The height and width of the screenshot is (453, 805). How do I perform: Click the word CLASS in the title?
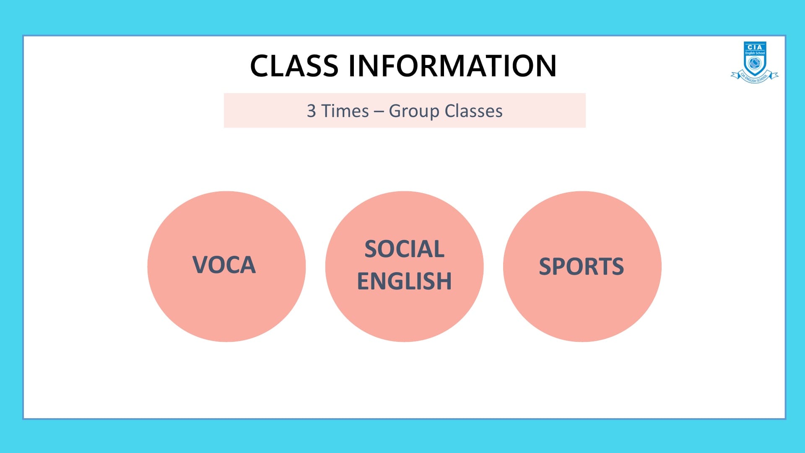294,66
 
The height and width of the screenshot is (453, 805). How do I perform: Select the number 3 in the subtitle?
311,111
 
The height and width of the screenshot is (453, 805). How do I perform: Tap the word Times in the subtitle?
345,111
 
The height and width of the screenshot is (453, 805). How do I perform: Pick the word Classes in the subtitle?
473,111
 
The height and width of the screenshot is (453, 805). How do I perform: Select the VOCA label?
224,265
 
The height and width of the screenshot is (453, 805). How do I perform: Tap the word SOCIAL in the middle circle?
405,249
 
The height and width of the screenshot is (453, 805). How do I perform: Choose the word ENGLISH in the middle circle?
405,281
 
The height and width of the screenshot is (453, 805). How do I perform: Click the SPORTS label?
582,267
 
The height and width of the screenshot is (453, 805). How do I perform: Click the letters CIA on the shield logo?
755,47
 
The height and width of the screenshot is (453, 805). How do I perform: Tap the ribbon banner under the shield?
755,77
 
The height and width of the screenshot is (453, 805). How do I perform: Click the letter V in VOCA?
200,265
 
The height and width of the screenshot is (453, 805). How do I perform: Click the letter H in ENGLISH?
444,281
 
